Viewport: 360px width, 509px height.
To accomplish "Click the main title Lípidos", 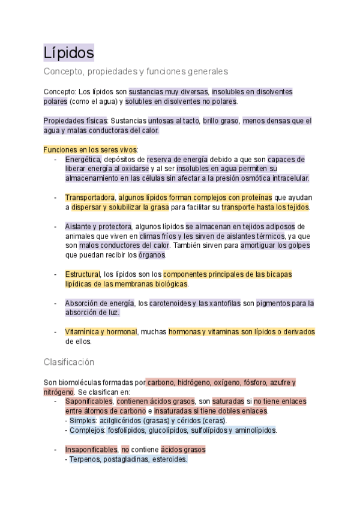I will (68, 52).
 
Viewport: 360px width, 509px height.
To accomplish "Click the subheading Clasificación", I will (68, 362).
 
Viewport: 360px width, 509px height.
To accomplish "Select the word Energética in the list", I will (83, 160).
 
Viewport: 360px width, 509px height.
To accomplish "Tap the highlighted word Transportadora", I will (90, 197).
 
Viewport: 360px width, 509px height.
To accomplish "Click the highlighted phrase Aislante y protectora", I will (98, 226).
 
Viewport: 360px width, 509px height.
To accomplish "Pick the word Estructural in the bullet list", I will (83, 274).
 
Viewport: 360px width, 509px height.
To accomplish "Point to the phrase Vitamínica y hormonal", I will (101, 332).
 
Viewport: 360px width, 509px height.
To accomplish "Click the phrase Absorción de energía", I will (100, 303).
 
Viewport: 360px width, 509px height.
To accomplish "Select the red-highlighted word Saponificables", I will (89, 401).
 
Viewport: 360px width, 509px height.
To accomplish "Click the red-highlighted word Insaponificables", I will (91, 449).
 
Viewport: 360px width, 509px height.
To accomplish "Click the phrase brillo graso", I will (220, 121).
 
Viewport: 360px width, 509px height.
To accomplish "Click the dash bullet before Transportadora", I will (55, 197).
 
